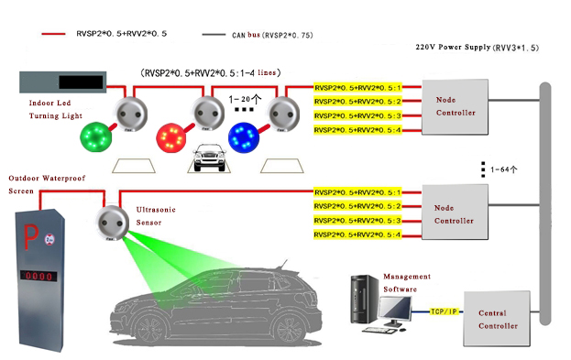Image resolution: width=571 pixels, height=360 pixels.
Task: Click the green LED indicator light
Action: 95,136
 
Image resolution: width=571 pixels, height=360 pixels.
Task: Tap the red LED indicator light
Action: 170,137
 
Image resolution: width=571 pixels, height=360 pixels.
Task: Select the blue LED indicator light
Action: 244,137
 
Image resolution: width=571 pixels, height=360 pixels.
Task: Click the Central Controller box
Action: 497,319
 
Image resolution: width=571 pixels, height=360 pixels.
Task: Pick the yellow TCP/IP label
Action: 444,311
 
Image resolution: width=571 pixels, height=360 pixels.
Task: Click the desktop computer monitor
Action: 395,311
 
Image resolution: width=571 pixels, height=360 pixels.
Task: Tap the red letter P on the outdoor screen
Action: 30,236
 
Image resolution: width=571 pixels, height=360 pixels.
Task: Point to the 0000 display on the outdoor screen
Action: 38,276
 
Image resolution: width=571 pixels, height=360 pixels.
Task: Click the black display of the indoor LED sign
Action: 81,82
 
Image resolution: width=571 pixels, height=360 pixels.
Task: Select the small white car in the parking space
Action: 209,158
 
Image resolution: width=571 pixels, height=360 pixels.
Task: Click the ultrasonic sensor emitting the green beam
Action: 112,223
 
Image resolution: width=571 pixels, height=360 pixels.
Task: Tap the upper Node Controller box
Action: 455,106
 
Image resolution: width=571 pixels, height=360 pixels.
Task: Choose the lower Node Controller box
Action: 455,212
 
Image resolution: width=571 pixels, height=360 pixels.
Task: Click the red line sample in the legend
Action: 53,34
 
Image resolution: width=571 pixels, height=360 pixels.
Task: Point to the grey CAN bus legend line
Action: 214,35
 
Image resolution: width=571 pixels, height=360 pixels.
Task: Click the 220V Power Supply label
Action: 477,48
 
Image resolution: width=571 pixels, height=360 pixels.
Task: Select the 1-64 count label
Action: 504,169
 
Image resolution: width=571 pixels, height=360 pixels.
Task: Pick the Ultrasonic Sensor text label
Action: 156,216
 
